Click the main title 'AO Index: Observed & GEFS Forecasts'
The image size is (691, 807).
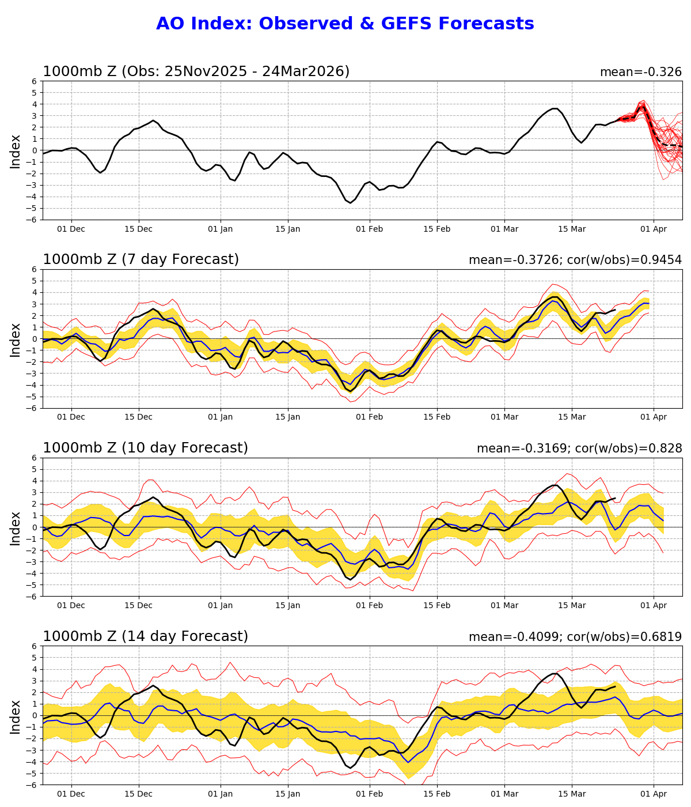(345, 24)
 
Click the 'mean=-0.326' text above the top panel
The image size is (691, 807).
(640, 73)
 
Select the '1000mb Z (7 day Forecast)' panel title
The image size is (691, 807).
(141, 260)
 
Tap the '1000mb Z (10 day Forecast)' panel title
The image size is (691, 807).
(145, 448)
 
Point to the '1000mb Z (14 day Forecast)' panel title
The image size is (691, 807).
(145, 636)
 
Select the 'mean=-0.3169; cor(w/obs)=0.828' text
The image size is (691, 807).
(579, 449)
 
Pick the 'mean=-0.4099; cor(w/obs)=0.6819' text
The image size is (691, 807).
(575, 637)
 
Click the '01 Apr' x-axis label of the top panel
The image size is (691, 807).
(653, 229)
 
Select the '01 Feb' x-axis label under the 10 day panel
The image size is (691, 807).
(369, 606)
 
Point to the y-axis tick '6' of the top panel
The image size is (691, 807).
(35, 81)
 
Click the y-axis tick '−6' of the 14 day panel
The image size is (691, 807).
(32, 785)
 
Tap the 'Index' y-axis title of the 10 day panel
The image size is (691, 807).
(16, 527)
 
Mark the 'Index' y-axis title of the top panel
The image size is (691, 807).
(16, 150)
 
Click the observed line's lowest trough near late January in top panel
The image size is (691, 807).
(350, 202)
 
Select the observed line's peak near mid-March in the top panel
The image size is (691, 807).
(555, 108)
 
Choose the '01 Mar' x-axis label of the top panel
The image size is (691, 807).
(504, 229)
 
